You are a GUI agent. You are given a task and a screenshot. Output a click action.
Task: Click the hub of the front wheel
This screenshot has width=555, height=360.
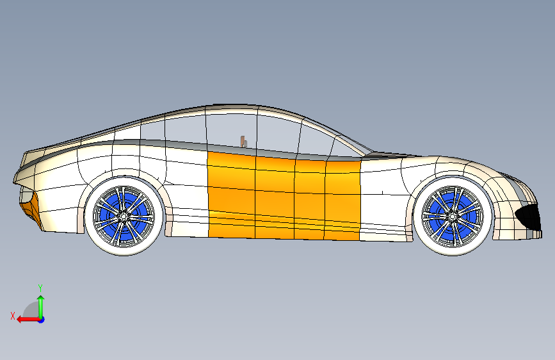[x=451, y=217]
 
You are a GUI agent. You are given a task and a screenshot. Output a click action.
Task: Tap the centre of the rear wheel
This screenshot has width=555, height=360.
[x=124, y=217]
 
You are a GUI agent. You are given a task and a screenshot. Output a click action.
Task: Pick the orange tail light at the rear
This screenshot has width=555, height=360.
[x=31, y=206]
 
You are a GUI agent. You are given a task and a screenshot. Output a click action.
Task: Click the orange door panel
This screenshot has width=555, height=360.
[x=282, y=195]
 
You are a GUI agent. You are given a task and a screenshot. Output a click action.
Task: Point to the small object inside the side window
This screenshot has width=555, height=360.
[x=243, y=142]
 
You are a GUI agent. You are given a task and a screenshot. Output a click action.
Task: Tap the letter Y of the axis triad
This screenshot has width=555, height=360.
[x=40, y=288]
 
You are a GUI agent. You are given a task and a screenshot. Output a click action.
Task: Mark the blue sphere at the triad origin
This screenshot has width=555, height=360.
[x=41, y=319]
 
